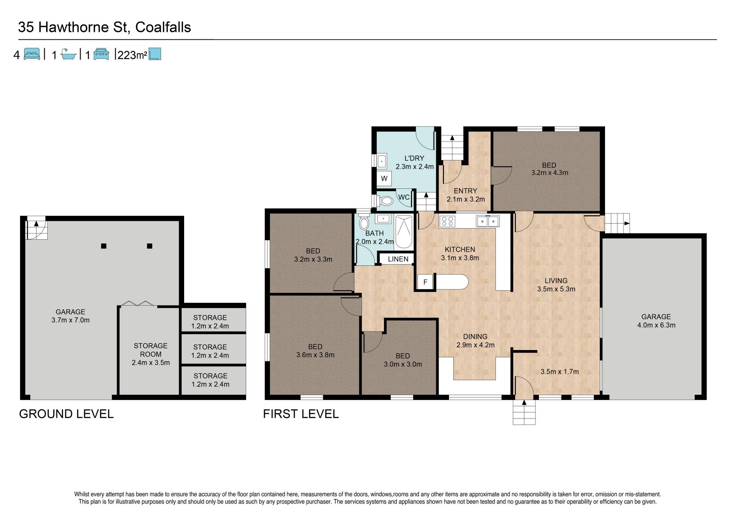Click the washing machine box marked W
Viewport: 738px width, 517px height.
point(384,178)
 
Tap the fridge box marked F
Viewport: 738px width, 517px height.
point(426,282)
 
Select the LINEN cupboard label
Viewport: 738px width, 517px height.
point(398,259)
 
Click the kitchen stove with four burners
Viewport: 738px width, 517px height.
point(447,221)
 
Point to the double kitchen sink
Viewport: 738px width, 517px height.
point(488,221)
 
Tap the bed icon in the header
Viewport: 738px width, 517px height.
point(32,54)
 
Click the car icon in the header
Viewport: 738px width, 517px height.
point(101,54)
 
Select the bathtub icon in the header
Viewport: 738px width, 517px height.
point(68,55)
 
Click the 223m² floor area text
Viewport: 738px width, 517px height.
point(132,55)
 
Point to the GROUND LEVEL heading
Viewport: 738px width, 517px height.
point(66,414)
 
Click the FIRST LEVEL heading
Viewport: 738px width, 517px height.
point(301,414)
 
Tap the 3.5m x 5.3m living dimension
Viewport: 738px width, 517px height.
point(556,289)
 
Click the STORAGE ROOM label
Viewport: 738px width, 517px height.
point(151,350)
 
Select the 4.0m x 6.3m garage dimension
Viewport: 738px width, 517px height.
point(656,325)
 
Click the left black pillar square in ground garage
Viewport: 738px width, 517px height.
point(103,246)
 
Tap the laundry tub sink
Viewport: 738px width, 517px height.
point(381,161)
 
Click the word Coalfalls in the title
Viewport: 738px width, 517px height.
point(163,27)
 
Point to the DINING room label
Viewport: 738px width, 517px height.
point(475,337)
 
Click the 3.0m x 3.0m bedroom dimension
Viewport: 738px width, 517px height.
point(403,364)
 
